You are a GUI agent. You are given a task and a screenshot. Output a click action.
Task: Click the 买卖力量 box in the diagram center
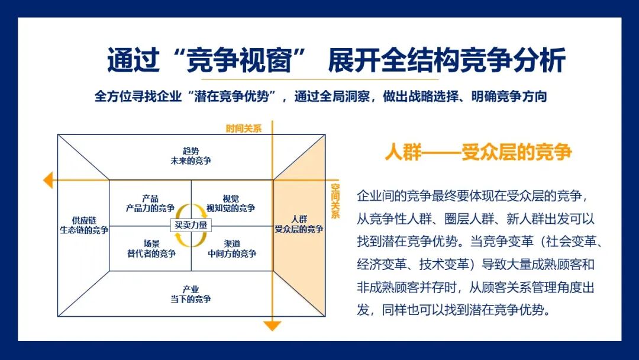pyautogui.click(x=191, y=225)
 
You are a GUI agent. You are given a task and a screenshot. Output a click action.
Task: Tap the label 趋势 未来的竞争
pyautogui.click(x=191, y=156)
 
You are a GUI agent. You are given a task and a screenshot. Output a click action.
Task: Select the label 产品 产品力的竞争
pyautogui.click(x=150, y=203)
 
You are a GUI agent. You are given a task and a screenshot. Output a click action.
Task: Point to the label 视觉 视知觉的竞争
pyautogui.click(x=231, y=203)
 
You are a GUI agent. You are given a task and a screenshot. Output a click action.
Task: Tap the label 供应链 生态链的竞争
pyautogui.click(x=84, y=225)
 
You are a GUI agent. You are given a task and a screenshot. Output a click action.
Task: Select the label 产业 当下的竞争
pyautogui.click(x=191, y=294)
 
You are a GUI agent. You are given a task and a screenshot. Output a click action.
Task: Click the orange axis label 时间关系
pyautogui.click(x=243, y=128)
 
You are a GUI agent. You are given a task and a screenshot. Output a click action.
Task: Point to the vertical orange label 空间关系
pyautogui.click(x=335, y=201)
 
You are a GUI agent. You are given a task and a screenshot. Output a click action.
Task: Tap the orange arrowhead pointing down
pyautogui.click(x=272, y=325)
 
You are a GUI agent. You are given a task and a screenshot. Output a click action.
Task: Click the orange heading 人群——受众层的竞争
pyautogui.click(x=478, y=152)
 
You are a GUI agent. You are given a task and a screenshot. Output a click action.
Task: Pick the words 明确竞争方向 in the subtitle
pyautogui.click(x=514, y=96)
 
